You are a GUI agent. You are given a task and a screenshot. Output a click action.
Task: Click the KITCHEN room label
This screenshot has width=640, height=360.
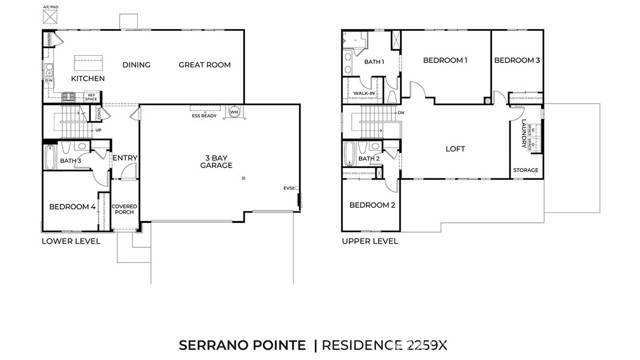click(87, 78)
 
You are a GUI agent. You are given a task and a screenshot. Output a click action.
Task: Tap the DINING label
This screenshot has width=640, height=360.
click(136, 65)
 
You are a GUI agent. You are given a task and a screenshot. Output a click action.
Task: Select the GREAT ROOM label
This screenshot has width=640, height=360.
click(204, 65)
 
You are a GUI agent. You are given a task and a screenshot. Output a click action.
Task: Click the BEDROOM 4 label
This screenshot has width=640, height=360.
click(72, 207)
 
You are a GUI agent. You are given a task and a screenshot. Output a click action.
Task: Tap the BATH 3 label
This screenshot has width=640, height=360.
click(70, 160)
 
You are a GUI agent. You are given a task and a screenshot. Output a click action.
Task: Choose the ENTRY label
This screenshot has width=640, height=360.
click(125, 157)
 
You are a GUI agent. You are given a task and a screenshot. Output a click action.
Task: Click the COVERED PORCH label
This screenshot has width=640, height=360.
click(125, 210)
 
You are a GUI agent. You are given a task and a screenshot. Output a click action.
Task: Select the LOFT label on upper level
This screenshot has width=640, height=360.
click(455, 149)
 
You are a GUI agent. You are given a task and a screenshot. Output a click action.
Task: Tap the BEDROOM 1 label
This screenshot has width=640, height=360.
click(445, 61)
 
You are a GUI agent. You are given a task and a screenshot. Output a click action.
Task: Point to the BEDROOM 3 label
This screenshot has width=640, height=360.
click(517, 61)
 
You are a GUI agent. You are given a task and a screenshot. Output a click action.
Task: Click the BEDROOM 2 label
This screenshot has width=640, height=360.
click(372, 205)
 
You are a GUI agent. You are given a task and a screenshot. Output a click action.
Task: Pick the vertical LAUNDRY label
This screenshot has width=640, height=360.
click(525, 133)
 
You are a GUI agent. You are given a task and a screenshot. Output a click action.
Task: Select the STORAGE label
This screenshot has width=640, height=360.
click(526, 170)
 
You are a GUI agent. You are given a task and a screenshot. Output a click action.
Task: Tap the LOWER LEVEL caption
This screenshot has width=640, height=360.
click(70, 241)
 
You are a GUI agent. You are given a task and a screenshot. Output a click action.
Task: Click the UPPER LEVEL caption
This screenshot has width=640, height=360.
click(369, 241)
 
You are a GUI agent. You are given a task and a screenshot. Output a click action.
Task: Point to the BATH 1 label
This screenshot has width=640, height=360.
click(374, 63)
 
